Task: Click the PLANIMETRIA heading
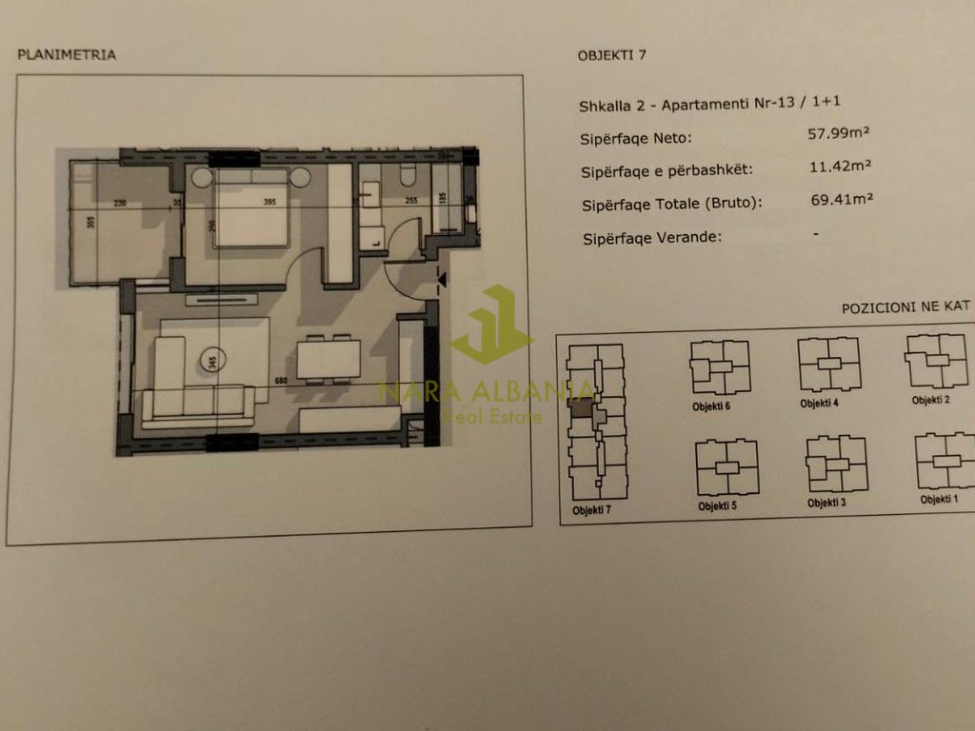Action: pyautogui.click(x=67, y=55)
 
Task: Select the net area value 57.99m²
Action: pyautogui.click(x=840, y=134)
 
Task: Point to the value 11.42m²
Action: pyautogui.click(x=841, y=167)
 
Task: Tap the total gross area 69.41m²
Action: pyautogui.click(x=842, y=200)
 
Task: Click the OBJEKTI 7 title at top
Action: pyautogui.click(x=611, y=54)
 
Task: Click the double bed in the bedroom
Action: pyautogui.click(x=250, y=211)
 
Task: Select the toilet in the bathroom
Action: pyautogui.click(x=408, y=175)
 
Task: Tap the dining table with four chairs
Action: pyautogui.click(x=328, y=359)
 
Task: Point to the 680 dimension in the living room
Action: pyautogui.click(x=281, y=382)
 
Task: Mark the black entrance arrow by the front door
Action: pyautogui.click(x=440, y=280)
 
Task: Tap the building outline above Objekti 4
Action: pyautogui.click(x=828, y=365)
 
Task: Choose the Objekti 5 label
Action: pyautogui.click(x=719, y=505)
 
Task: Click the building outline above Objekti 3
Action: pyautogui.click(x=836, y=464)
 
